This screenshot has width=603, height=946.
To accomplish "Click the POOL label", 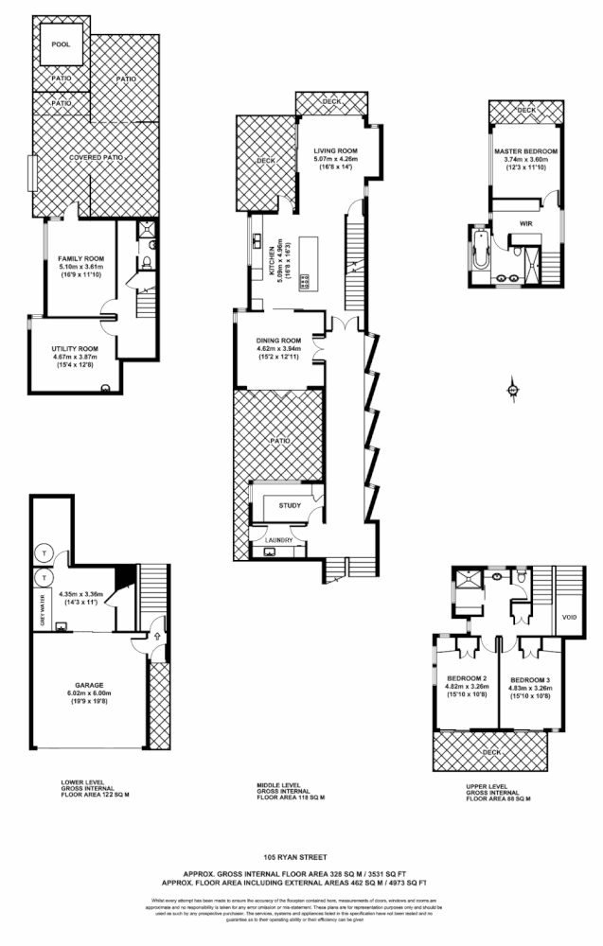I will pos(62,44).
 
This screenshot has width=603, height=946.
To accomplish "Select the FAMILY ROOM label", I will pos(80,258).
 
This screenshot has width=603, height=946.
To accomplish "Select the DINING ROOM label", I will pos(278,341).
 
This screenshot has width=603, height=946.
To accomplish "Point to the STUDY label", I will pos(290,505).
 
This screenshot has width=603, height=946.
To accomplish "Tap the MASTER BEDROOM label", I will pos(525,151).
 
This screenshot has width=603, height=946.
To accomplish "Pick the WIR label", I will pos(526,223).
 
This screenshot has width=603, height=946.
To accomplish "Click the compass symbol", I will pos(512,388).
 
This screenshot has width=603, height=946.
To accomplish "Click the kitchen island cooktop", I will pos(305,281).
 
